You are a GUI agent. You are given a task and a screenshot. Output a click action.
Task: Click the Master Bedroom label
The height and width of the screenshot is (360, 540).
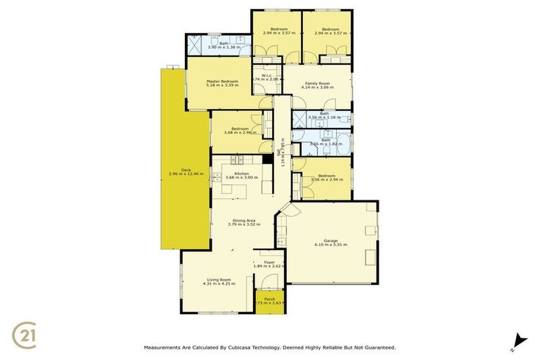[222, 82]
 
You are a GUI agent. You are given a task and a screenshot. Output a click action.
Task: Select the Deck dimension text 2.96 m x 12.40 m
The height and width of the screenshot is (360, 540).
[186, 174]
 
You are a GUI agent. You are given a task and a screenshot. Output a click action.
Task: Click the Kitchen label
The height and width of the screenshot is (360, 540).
[241, 173]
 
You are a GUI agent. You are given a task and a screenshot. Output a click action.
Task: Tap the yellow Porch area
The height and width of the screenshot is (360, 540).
[269, 303]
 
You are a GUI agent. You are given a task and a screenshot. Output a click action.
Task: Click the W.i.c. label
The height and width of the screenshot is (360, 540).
[266, 75]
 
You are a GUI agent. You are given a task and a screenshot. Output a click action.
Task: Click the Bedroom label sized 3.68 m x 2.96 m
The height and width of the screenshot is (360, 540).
[240, 128]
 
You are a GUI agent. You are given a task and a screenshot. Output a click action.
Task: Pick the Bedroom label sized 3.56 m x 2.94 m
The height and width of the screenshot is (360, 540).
[326, 175]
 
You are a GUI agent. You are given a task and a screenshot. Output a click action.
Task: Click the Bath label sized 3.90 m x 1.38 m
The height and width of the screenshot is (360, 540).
[224, 44]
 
